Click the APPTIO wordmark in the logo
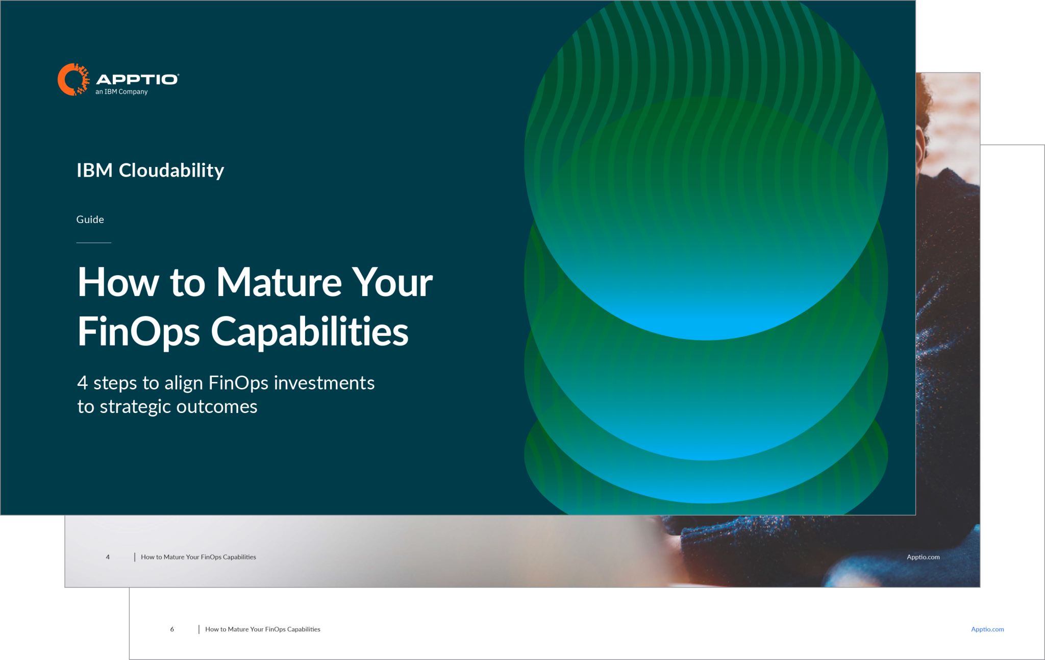tap(137, 79)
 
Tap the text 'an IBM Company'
tap(121, 92)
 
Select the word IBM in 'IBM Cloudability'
tap(94, 170)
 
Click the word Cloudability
tap(171, 170)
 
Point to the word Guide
tap(90, 219)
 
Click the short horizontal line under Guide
tap(94, 242)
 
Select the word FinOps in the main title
tap(138, 332)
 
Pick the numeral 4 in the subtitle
tap(82, 383)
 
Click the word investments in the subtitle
tap(324, 383)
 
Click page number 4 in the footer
tap(108, 557)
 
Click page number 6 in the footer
tap(172, 629)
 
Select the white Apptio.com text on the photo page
tap(923, 557)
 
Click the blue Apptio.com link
tap(987, 629)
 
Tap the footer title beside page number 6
tap(262, 629)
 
